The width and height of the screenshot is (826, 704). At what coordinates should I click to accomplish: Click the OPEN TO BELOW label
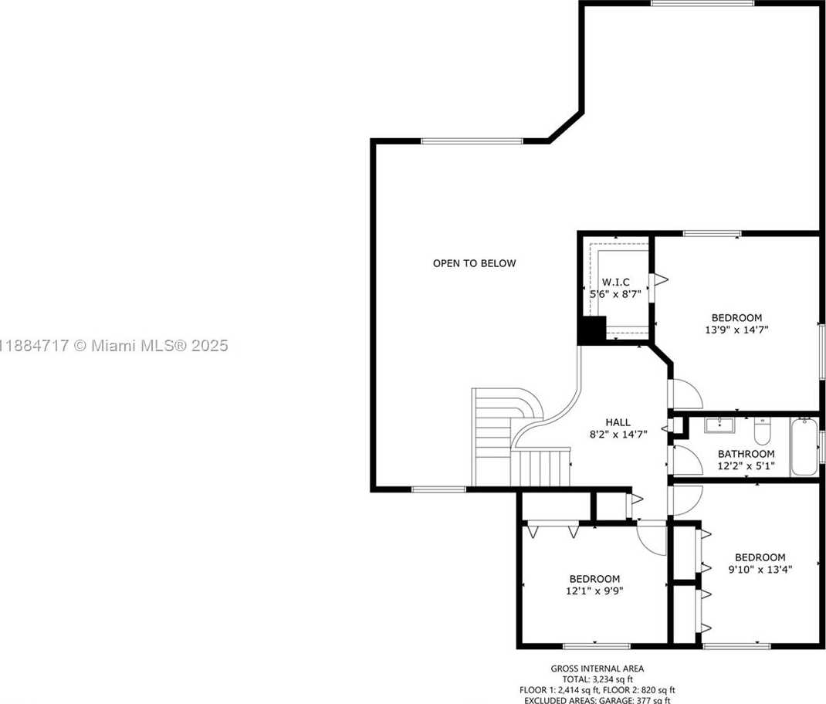pos(474,263)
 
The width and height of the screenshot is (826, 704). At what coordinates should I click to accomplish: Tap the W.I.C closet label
pos(616,283)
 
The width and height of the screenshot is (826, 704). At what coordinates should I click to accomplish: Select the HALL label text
pos(618,422)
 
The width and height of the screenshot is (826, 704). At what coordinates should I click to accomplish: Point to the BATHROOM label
pos(746,454)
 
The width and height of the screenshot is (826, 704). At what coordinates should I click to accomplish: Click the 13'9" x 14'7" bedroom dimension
pos(736,330)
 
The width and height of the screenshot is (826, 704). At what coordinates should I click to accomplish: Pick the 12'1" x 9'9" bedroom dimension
pos(594,591)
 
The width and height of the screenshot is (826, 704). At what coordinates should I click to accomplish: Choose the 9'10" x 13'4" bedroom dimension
pos(760,569)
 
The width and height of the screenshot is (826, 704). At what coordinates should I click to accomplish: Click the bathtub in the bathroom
pos(804,447)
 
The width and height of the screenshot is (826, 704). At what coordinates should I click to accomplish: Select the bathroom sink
pos(719,425)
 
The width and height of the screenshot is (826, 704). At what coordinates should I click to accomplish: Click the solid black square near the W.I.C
pos(592,330)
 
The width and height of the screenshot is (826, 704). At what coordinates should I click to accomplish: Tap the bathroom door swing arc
pos(686,461)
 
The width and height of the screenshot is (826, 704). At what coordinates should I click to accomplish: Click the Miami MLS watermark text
pos(113,346)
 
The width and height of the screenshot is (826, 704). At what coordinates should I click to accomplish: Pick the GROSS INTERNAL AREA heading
pos(597,668)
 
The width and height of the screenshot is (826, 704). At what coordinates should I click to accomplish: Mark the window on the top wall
pos(702,3)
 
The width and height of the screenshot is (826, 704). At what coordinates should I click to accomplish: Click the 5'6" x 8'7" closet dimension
pos(614,294)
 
